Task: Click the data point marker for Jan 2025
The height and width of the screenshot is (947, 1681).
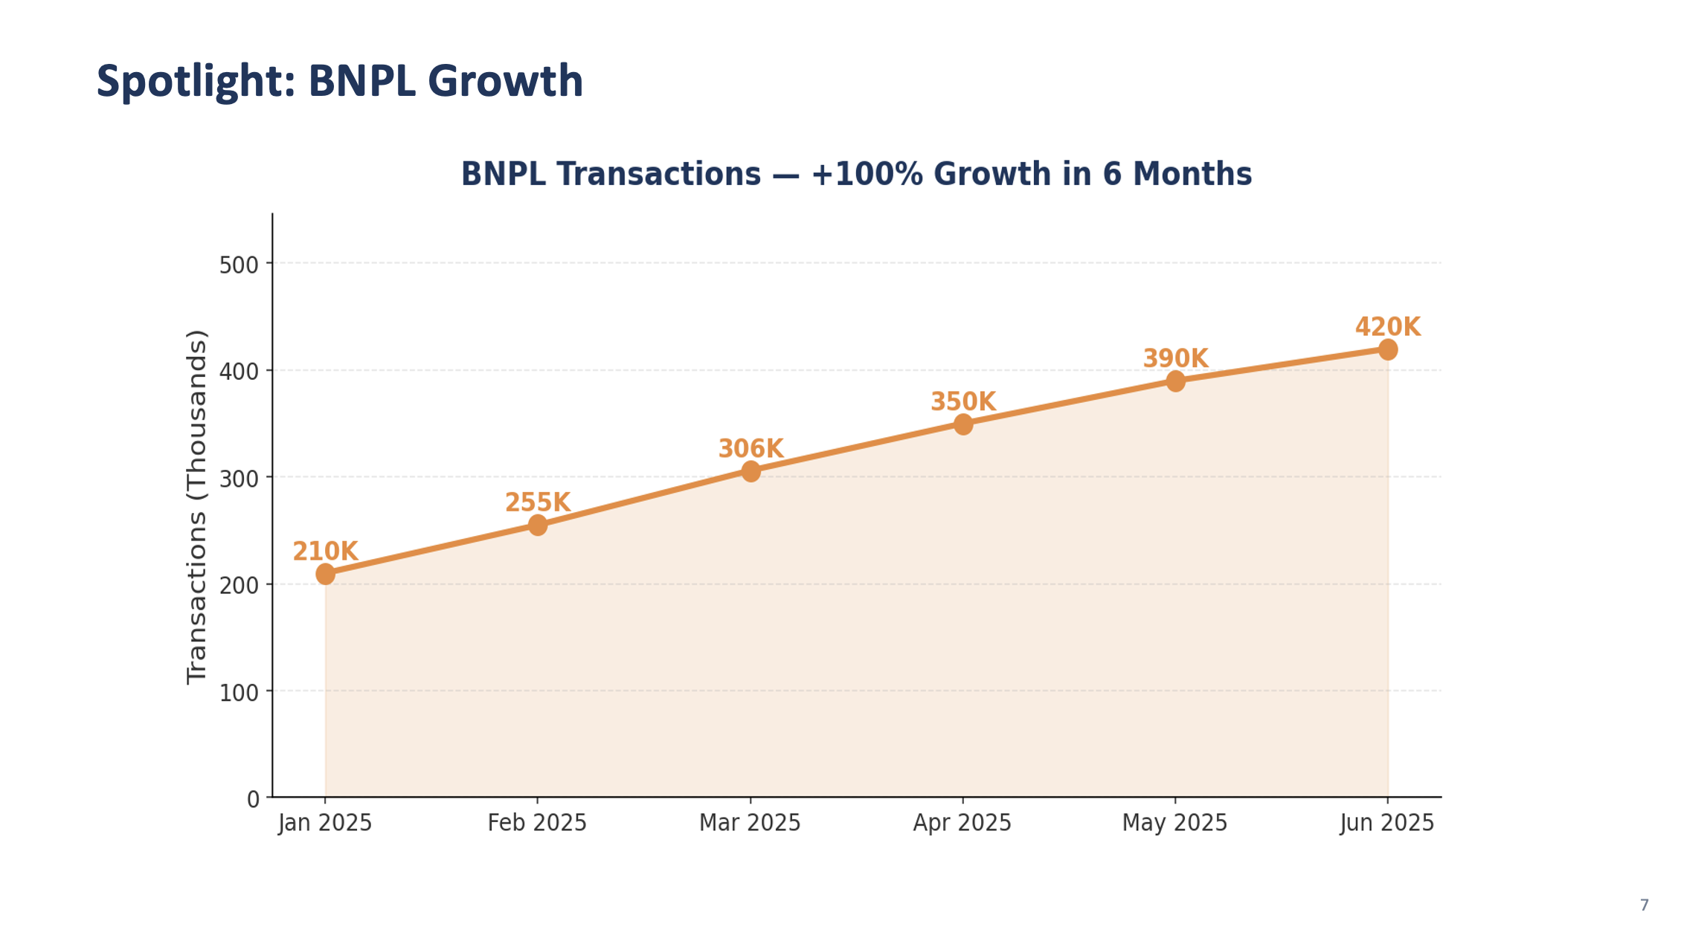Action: pos(325,573)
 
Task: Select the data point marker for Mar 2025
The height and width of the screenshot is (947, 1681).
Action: pos(750,471)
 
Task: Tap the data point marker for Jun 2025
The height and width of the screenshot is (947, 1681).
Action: pos(1387,349)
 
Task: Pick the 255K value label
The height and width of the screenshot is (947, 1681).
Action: pos(538,503)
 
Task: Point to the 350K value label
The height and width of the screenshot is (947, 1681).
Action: pos(962,402)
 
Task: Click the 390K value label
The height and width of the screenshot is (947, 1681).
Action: pos(1175,359)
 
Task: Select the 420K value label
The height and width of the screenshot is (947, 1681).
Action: pos(1387,327)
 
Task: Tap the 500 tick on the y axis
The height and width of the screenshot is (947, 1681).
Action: pos(239,265)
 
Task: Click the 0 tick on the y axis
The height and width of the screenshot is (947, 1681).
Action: pos(253,799)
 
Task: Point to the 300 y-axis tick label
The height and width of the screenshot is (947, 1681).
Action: pos(239,479)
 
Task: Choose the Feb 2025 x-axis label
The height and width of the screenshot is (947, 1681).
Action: pos(537,823)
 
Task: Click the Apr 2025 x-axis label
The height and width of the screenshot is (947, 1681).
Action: pos(962,823)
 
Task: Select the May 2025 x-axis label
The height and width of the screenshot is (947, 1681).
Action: pos(1174,823)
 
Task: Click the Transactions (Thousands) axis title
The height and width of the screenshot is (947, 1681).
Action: pos(196,507)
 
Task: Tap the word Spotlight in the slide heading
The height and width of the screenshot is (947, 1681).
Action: pos(196,81)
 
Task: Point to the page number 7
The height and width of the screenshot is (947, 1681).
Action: pos(1644,905)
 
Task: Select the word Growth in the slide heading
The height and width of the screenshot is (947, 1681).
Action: pos(505,81)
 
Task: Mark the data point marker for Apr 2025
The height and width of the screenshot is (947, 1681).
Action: pos(962,424)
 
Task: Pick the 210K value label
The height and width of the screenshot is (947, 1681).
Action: pos(325,552)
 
